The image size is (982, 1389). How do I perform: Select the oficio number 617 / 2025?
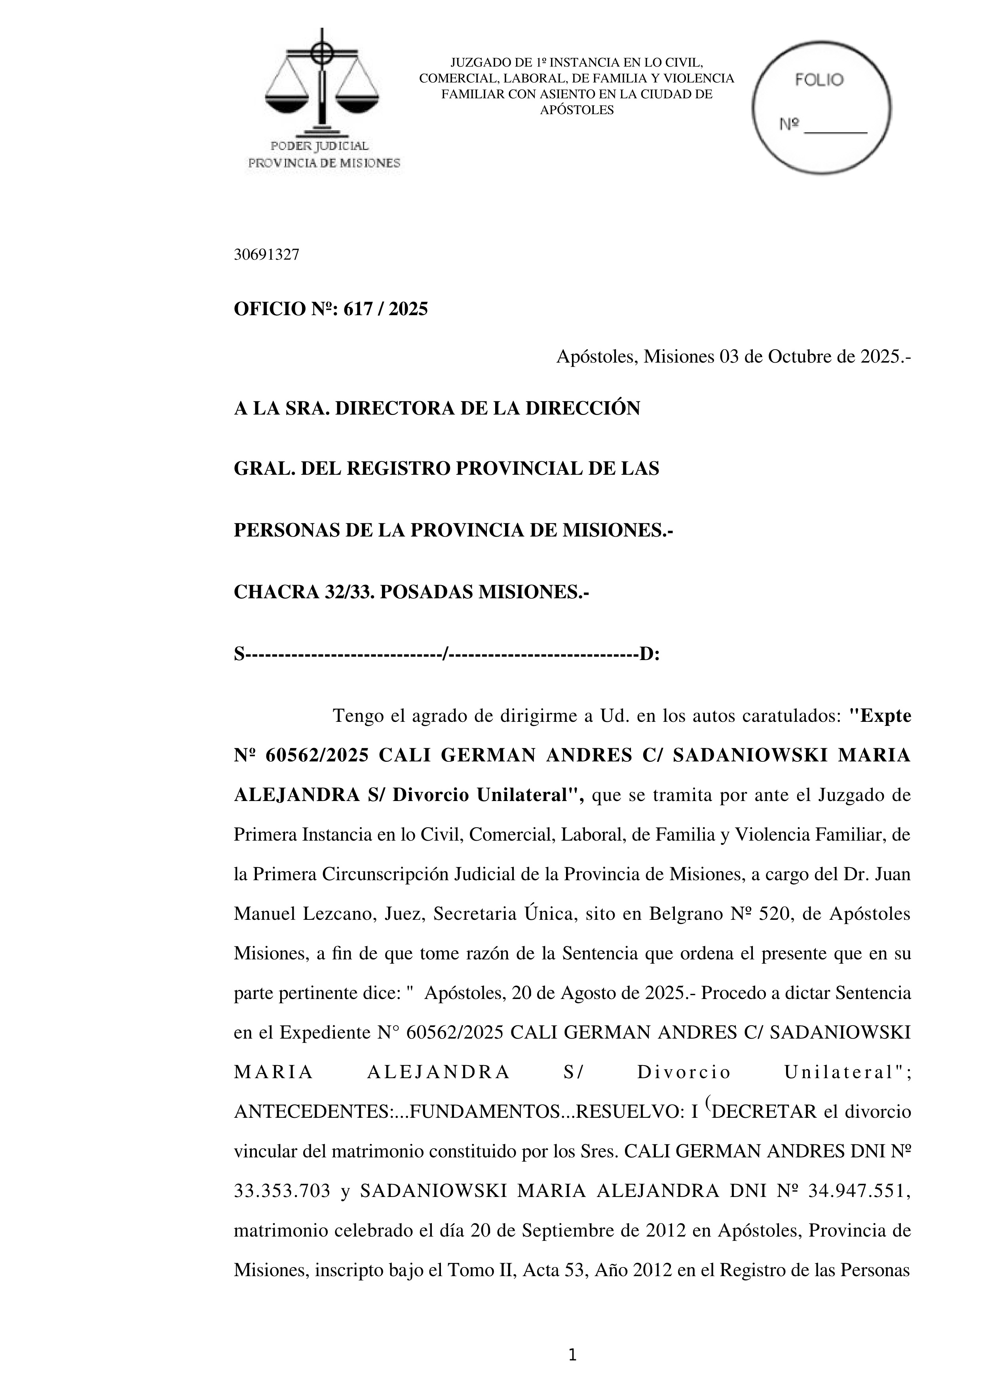pyautogui.click(x=385, y=309)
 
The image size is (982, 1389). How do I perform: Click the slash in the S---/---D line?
pyautogui.click(x=446, y=654)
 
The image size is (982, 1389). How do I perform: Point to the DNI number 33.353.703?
pyautogui.click(x=282, y=1191)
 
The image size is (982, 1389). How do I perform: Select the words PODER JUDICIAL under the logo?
pyautogui.click(x=319, y=146)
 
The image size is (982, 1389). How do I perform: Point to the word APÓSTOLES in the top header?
pyautogui.click(x=576, y=110)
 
